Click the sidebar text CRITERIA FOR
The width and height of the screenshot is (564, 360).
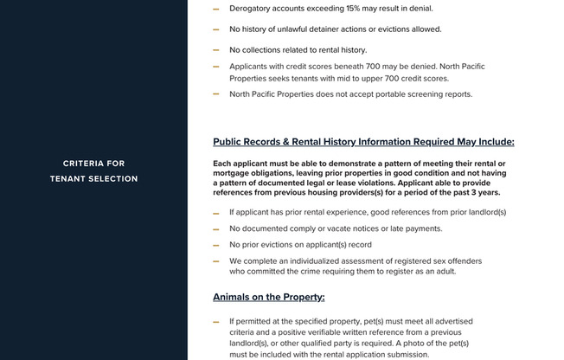pos(93,164)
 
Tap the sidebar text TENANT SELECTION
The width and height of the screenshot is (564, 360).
pos(93,179)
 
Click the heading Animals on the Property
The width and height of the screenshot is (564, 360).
pos(268,297)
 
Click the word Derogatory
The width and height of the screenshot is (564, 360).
pos(253,9)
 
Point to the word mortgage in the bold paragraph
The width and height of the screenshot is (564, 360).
pos(233,173)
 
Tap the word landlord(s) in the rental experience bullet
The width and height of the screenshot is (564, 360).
pos(485,212)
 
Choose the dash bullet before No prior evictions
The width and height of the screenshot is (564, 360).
pos(216,246)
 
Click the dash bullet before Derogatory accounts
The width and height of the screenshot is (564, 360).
pos(216,10)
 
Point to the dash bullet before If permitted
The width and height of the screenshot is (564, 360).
pos(216,322)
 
